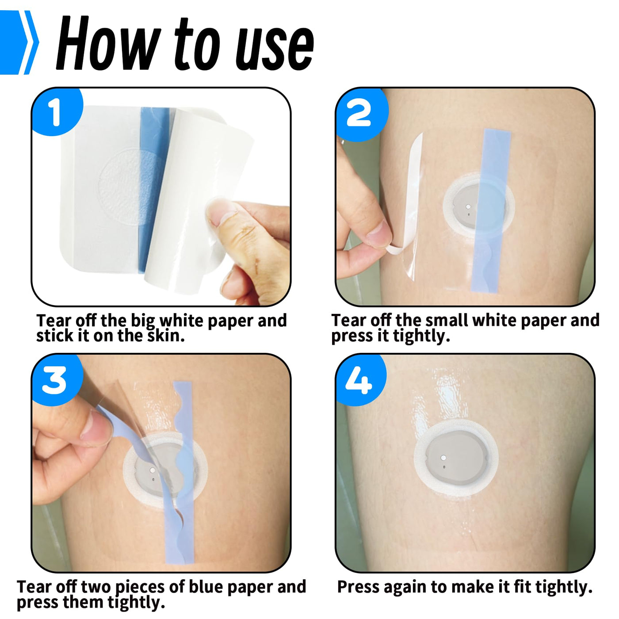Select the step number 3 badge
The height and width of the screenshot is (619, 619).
point(56,380)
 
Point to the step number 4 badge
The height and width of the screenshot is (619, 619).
point(360,380)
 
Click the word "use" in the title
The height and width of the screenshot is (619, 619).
point(275,49)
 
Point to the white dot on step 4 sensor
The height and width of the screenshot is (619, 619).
point(443,458)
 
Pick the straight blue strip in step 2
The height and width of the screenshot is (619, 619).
point(491,211)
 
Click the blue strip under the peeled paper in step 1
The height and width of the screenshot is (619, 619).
point(153,190)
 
